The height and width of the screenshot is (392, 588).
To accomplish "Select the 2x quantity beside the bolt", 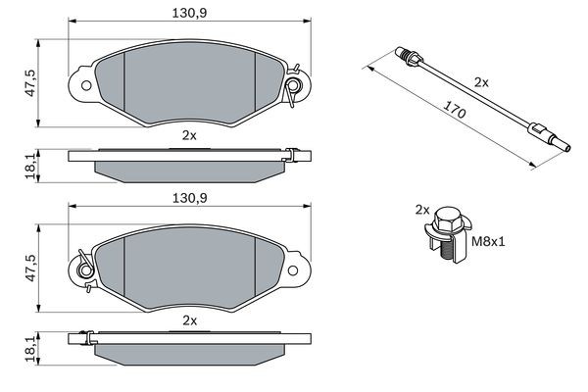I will [x=422, y=210].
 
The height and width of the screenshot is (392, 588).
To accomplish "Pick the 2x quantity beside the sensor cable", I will [x=480, y=83].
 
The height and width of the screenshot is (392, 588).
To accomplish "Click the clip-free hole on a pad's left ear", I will [x=85, y=86].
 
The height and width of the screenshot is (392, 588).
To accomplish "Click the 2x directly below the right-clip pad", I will [x=189, y=134].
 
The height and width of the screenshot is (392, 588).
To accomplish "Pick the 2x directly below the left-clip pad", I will [x=189, y=320].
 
